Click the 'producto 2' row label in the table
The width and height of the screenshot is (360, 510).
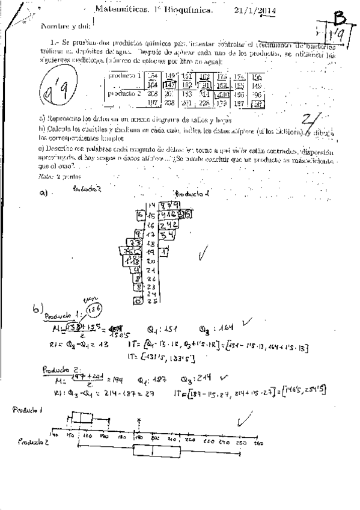click(124, 94)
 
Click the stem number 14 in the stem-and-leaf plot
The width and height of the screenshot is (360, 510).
click(151, 205)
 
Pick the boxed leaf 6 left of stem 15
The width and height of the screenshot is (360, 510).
click(139, 215)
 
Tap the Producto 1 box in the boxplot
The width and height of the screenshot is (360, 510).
click(82, 419)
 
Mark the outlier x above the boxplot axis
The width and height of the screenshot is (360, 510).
click(139, 422)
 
